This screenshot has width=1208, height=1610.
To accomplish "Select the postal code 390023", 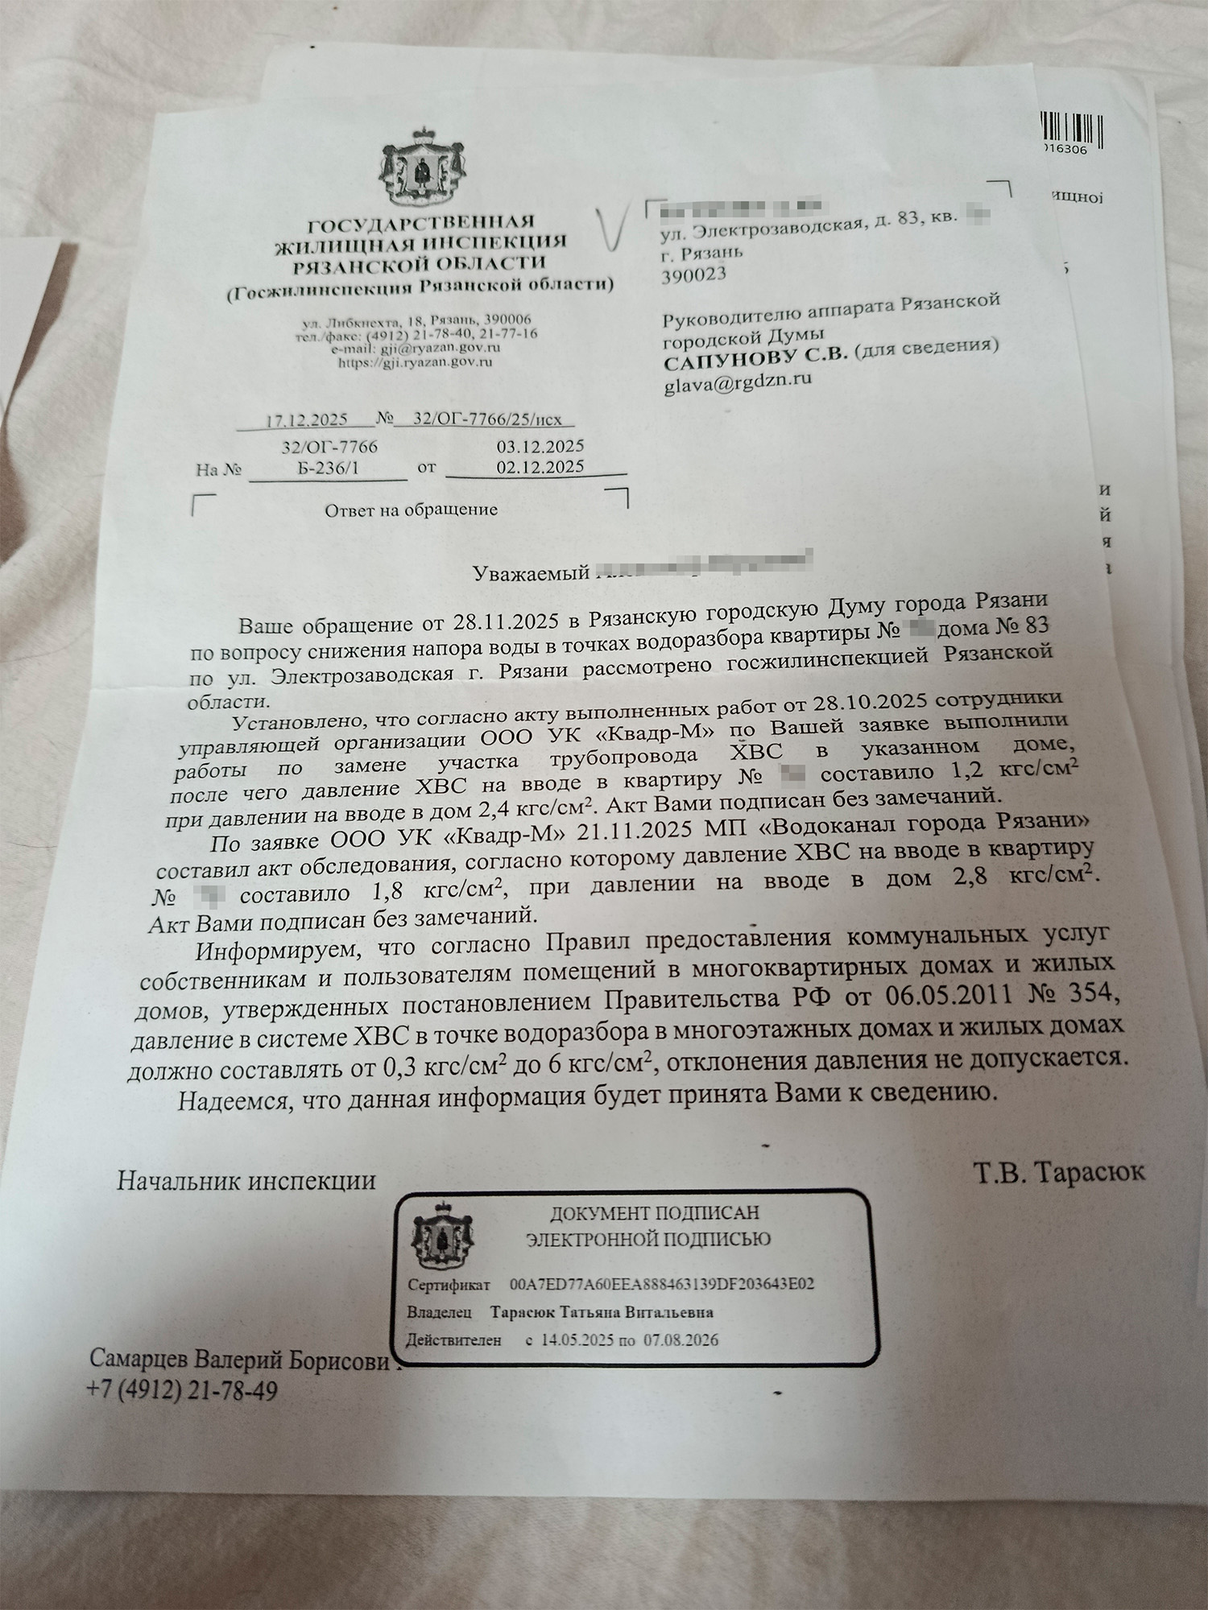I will point(693,275).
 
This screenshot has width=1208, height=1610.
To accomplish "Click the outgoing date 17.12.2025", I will point(307,419).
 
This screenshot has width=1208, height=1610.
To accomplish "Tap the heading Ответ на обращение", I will point(411,510).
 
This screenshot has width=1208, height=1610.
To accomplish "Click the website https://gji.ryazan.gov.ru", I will point(414,362).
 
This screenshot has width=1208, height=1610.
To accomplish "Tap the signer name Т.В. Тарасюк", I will point(1058,1171).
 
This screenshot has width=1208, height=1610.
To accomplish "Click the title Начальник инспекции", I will point(246,1180).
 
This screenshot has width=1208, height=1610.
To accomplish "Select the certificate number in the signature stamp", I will point(662,1283).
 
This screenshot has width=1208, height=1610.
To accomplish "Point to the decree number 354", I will point(1090,994).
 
